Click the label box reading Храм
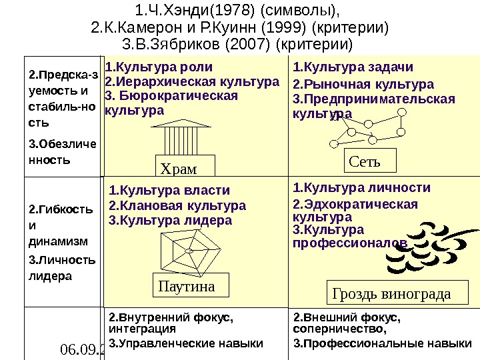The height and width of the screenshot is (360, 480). coord(180,165)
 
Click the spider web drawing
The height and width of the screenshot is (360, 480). coord(189,250)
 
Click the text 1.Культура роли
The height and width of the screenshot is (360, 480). coord(160,67)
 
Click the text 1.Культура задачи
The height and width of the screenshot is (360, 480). coord(353,67)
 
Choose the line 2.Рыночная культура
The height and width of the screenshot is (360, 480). coord(363,85)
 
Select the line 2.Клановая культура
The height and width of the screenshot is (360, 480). coord(177,205)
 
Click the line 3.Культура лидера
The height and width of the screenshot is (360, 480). coord(170,220)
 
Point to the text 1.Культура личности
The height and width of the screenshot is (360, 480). coord(362,188)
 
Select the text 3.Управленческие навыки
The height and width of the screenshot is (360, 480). coord(186,344)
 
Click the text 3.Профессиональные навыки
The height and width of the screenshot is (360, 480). coord(378,344)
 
